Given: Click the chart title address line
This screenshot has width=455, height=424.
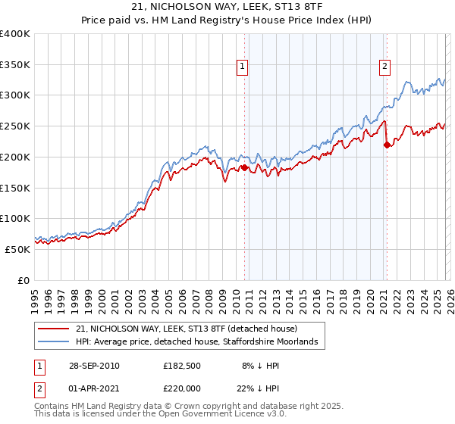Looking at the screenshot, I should (227, 7).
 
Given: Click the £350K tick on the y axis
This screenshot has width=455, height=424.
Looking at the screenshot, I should (15, 64).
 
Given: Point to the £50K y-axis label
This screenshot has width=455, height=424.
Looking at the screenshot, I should (17, 249).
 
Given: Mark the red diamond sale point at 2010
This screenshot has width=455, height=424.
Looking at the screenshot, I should (245, 167).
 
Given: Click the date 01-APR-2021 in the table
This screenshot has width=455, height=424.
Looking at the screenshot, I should (93, 388).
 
